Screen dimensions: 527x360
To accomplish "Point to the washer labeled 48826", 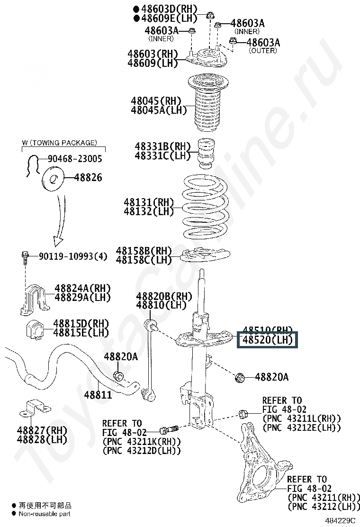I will [x=53, y=180].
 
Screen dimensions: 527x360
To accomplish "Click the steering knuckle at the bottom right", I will [x=259, y=469].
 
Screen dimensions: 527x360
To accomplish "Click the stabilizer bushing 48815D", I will [x=35, y=327].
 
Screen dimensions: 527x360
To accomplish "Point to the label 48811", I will [x=98, y=394].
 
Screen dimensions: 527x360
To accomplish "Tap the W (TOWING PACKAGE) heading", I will [x=59, y=143].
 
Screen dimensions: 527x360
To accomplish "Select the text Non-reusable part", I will [x=45, y=513].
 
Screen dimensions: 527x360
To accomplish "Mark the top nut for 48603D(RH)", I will [x=210, y=15].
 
